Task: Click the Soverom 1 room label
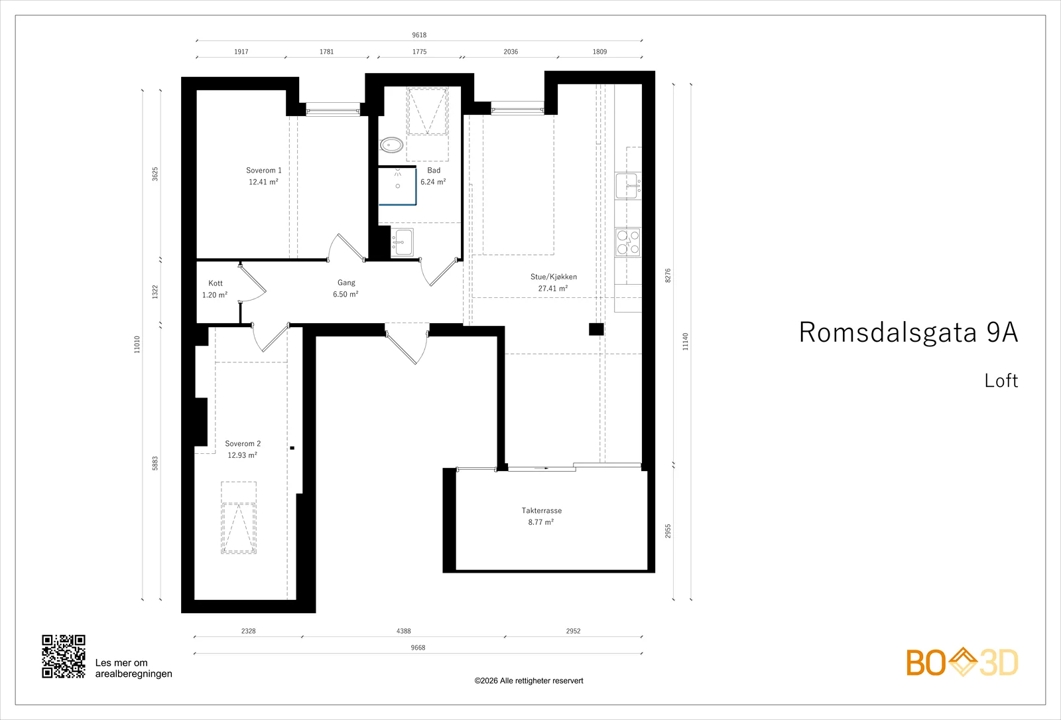[x=264, y=170]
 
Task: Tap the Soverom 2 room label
[x=243, y=444]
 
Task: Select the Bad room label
[x=434, y=170]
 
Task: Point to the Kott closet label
[x=216, y=283]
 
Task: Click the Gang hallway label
[x=346, y=283]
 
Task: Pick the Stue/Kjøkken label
[x=554, y=277]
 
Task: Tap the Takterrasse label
[x=542, y=510]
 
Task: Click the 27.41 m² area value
[x=553, y=288]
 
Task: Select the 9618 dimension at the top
[x=419, y=35]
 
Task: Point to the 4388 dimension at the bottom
[x=404, y=631]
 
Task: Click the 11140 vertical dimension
[x=686, y=342]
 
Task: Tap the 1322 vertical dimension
[x=155, y=292]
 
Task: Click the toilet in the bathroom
[x=391, y=145]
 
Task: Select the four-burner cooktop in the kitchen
[x=628, y=242]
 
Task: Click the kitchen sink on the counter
[x=628, y=186]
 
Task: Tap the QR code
[x=64, y=656]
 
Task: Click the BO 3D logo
[x=962, y=662]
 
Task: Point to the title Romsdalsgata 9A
[x=908, y=332]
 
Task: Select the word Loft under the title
[x=1001, y=381]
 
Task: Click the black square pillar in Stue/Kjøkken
[x=596, y=329]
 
